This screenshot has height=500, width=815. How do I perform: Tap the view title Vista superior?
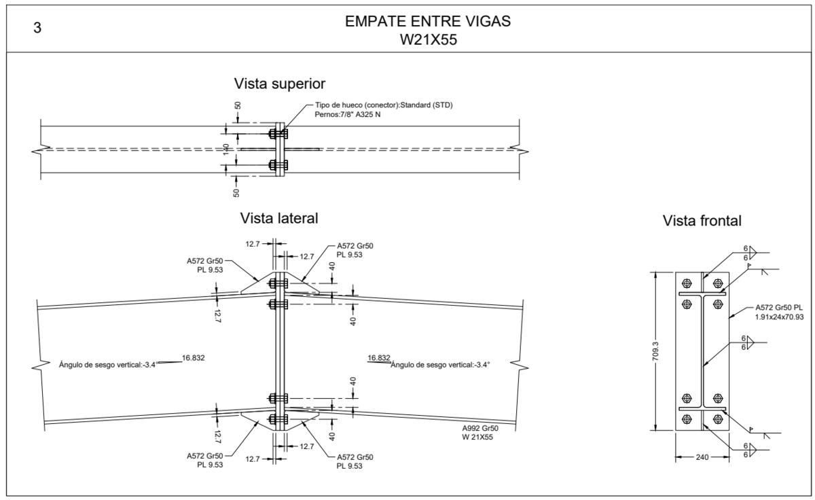click(280, 84)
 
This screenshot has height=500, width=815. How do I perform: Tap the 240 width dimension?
click(702, 457)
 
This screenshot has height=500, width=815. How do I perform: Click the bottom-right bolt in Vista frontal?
click(717, 418)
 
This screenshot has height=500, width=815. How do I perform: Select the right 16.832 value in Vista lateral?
click(379, 357)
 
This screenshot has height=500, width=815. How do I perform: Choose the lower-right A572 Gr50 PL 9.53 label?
click(355, 461)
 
